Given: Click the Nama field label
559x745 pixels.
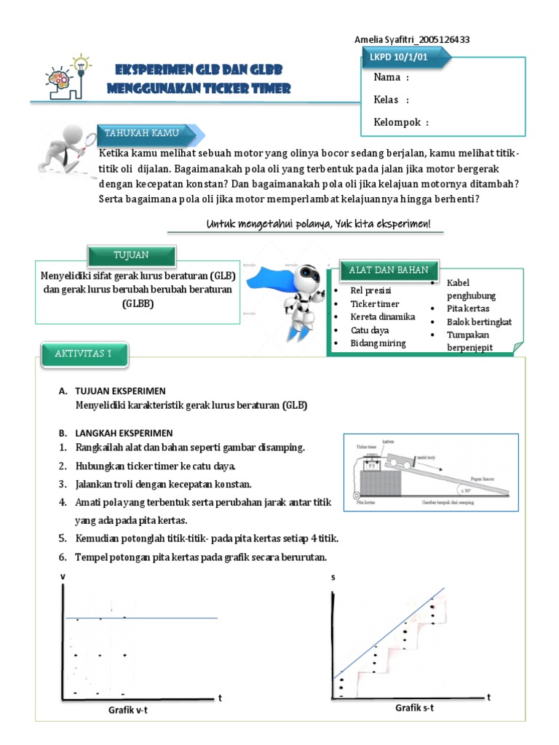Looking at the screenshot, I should click(x=391, y=78).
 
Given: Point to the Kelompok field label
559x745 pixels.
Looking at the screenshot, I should click(x=401, y=122).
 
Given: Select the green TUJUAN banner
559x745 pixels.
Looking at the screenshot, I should click(x=132, y=255).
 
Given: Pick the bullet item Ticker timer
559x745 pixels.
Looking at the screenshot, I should click(x=375, y=303).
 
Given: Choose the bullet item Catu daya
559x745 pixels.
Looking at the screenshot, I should click(x=370, y=330).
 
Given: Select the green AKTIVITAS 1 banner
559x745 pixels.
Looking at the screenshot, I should click(x=84, y=355).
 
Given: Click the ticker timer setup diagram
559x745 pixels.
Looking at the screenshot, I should click(x=431, y=473).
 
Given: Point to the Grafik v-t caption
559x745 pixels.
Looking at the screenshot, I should click(x=132, y=710).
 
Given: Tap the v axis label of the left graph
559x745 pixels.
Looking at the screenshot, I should click(x=63, y=576).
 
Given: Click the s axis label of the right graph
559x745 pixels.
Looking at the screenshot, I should click(x=333, y=578).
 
